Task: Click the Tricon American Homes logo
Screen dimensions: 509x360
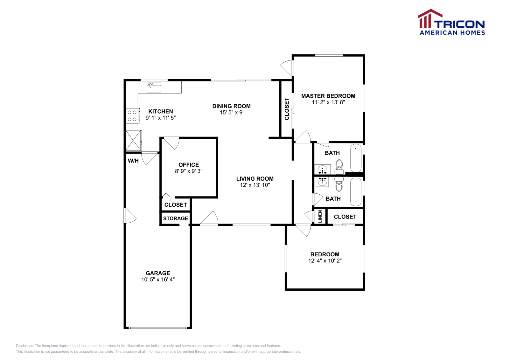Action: point(451,22)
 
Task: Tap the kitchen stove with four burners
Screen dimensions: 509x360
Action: point(133,116)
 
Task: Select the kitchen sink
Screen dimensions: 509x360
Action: point(154,87)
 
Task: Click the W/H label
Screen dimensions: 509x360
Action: point(133,161)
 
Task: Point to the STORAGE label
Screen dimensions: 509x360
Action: point(176,218)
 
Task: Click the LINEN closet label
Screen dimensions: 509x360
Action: point(320,217)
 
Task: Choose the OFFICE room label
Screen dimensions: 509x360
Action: point(189,165)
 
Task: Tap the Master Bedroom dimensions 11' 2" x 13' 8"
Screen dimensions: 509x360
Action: point(328,102)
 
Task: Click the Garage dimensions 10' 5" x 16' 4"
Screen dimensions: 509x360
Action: point(158,279)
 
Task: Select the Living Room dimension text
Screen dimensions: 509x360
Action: point(255,185)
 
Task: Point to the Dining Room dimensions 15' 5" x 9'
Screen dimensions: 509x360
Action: point(232,113)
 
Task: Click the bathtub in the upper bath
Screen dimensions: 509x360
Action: point(356,158)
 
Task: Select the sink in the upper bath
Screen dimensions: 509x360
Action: point(323,170)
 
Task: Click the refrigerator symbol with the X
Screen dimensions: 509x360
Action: point(134,140)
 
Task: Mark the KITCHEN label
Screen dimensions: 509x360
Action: point(161,111)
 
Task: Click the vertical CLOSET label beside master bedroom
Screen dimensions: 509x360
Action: point(287,109)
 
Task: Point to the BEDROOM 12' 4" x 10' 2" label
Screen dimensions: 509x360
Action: point(325,257)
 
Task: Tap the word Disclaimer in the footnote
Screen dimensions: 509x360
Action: point(25,346)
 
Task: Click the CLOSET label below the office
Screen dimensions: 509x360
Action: point(176,205)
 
